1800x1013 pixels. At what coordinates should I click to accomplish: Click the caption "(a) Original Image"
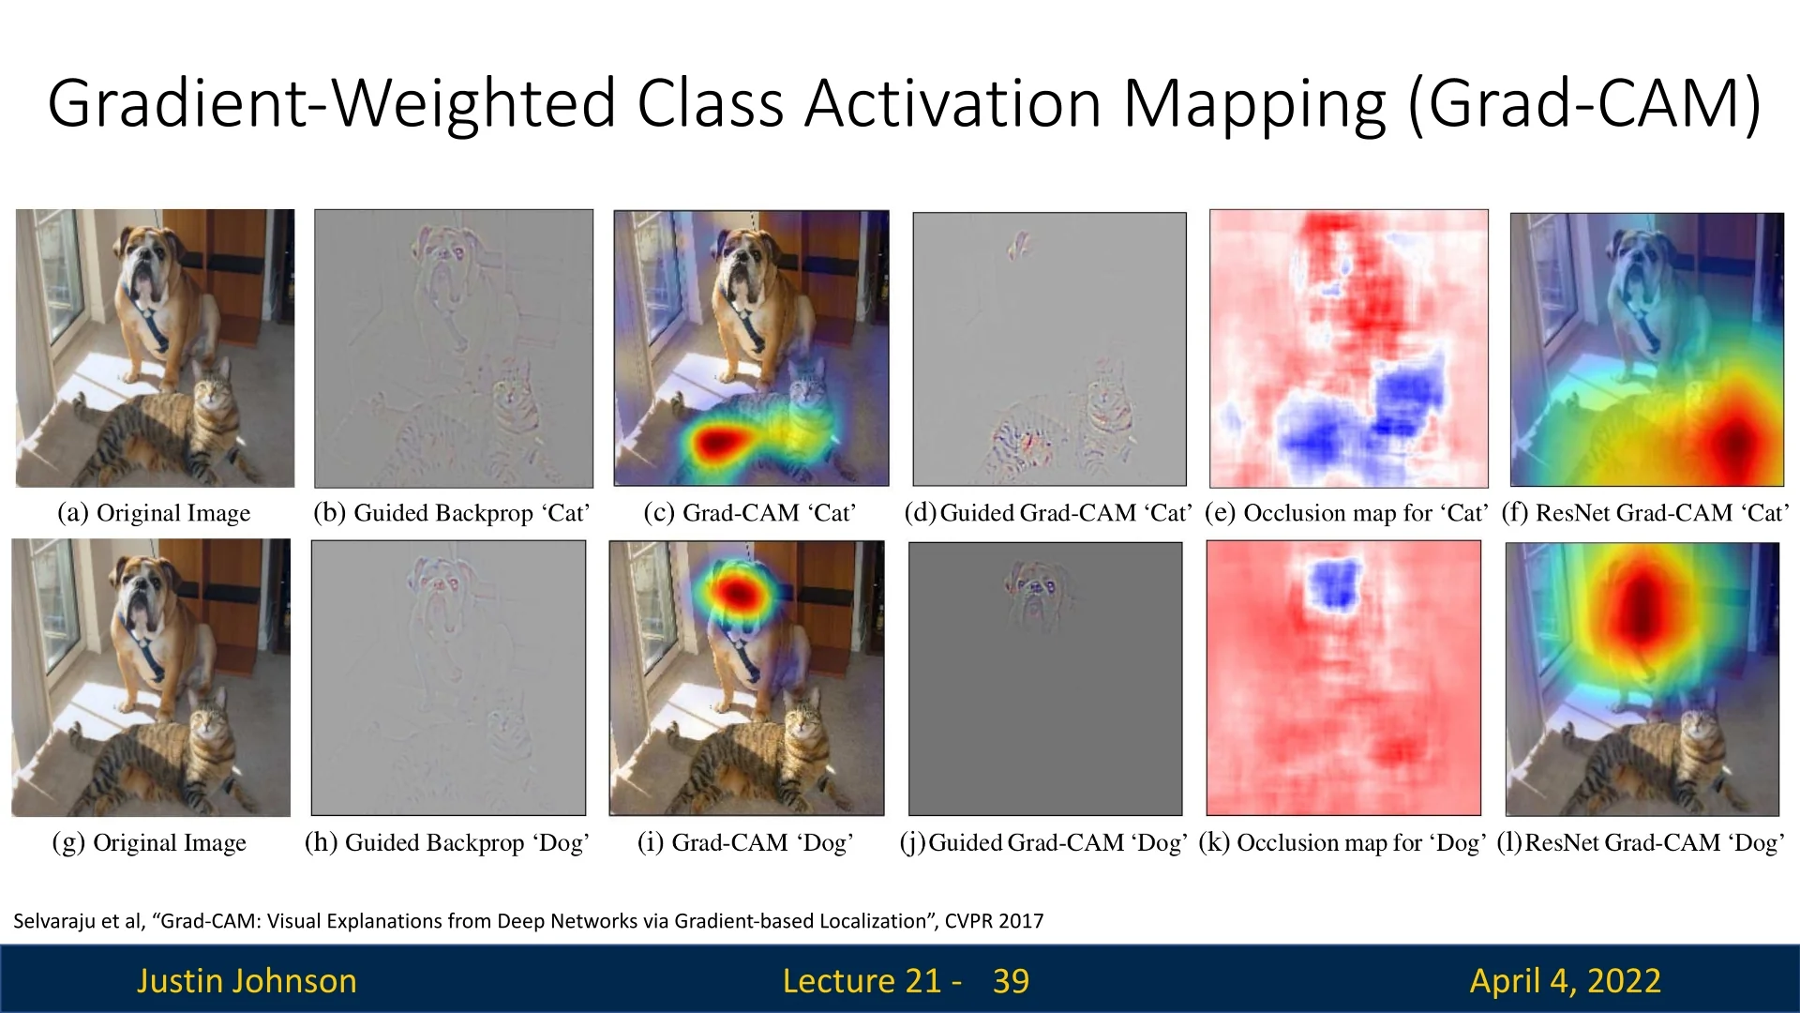point(154,513)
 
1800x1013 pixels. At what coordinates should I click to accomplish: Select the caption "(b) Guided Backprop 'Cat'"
point(452,513)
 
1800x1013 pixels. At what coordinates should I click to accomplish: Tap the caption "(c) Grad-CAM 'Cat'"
point(750,513)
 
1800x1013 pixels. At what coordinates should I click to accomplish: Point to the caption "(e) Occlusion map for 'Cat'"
point(1346,513)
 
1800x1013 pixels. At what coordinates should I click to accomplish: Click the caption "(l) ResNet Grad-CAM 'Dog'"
point(1641,842)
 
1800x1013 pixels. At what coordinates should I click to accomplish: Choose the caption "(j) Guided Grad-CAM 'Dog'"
point(1043,842)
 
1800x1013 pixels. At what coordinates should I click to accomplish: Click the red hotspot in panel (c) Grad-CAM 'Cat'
point(717,441)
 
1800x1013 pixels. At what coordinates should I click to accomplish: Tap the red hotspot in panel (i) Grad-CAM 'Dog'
point(738,592)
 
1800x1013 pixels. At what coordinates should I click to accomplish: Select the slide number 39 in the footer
point(1011,981)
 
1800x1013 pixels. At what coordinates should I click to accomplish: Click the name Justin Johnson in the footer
point(247,981)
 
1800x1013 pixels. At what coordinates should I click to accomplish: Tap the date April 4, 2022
point(1565,981)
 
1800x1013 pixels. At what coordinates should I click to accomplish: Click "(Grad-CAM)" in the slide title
point(1584,103)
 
